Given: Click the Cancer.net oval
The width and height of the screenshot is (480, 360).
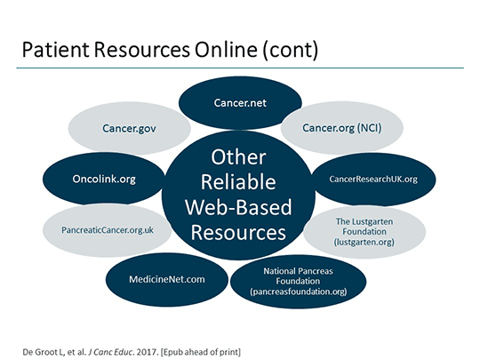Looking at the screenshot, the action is [240, 103].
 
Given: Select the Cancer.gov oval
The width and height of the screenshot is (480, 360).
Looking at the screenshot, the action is [129, 128].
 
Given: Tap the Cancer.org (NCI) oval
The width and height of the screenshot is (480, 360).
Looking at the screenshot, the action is [342, 128].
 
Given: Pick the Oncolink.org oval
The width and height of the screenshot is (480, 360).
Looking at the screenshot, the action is [104, 179].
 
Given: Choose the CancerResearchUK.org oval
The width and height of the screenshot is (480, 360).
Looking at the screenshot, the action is [373, 179].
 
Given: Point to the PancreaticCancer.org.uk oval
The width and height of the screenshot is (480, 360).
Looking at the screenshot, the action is [108, 230].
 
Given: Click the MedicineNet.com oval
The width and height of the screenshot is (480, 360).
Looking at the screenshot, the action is [167, 279].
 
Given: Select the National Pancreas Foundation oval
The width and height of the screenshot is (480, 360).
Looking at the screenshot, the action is [298, 281].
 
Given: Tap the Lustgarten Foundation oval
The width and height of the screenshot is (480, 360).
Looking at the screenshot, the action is [364, 232].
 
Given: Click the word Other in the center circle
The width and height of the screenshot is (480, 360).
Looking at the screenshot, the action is [238, 157].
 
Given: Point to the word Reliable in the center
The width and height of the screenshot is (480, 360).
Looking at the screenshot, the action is [238, 182].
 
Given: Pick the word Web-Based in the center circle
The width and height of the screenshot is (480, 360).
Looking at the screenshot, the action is [238, 207].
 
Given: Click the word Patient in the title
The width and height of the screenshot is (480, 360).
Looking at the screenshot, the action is [56, 50].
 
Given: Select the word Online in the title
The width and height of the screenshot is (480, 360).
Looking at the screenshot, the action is [226, 50].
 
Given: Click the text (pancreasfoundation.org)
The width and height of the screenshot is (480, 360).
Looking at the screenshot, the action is [299, 292].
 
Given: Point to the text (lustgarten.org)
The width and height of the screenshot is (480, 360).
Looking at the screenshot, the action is [364, 242].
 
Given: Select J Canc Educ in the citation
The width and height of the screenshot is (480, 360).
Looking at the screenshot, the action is [110, 352].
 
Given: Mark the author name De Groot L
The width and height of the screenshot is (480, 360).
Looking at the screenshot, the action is [43, 352].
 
